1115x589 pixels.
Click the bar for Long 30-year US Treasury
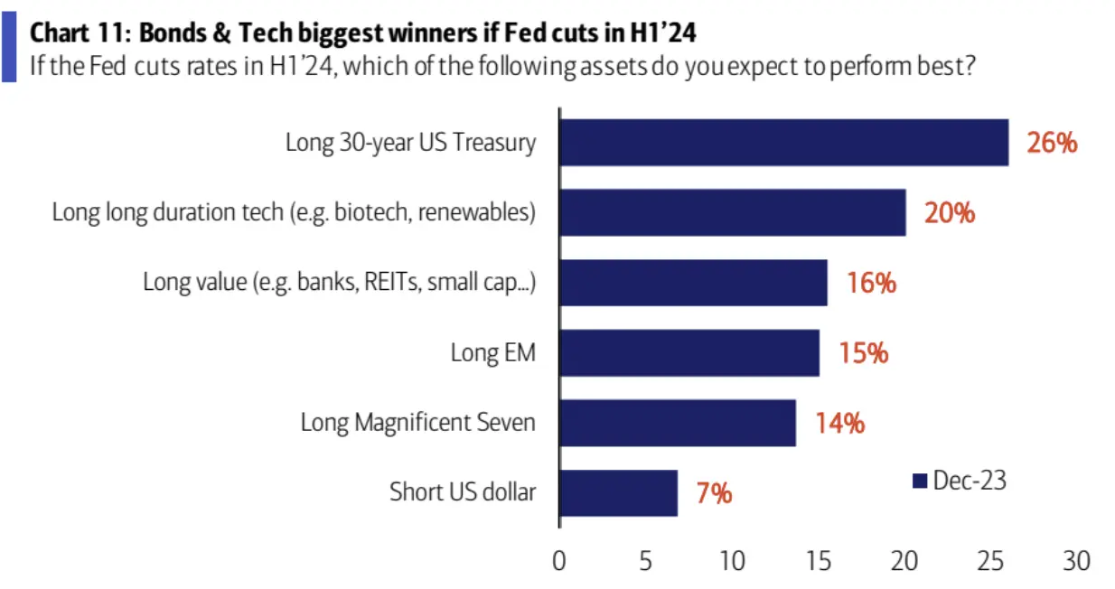783,142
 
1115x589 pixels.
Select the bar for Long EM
689,352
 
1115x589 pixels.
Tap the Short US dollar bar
619,492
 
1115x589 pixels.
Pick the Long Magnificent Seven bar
678,423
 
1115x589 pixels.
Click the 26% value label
1052,142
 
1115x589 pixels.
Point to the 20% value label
950,212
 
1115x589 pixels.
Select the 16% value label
871,283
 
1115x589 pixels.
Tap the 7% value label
714,493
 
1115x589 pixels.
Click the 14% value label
839,423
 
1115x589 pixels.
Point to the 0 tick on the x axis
559,561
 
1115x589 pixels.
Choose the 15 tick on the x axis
819,561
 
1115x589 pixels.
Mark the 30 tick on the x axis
1077,561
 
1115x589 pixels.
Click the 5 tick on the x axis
646,561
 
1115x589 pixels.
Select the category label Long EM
492,352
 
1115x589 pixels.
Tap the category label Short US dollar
463,492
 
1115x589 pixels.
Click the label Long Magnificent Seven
417,423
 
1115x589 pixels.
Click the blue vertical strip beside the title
8,47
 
